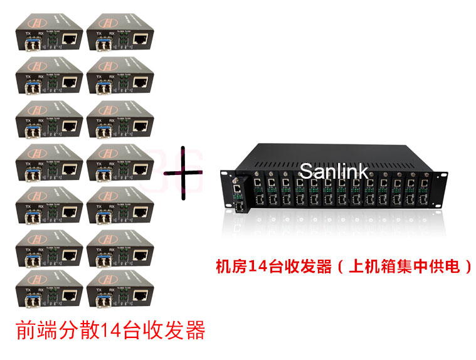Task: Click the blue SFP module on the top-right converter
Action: point(102,43)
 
